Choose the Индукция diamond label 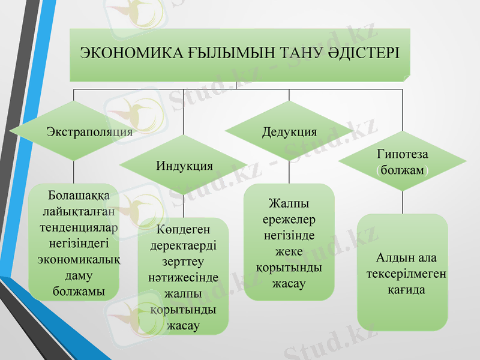point(185,165)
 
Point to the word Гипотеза point(402,155)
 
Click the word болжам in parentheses point(402,170)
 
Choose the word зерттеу point(183,262)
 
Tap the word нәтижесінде point(183,278)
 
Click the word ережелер point(289,220)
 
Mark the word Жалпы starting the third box point(289,205)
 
